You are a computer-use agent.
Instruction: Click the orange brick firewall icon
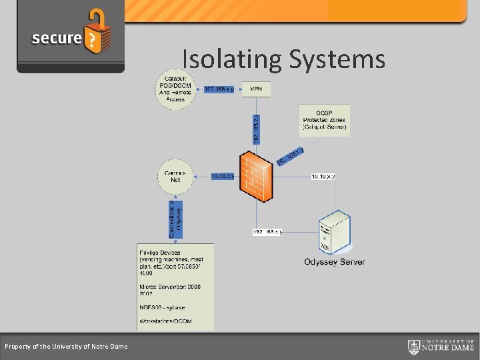tap(257, 176)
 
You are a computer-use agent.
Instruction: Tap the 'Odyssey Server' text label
tap(334, 262)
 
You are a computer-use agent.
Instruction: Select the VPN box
tap(256, 89)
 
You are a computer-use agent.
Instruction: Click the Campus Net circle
tap(175, 177)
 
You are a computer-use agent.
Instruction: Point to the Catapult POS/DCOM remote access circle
tap(175, 89)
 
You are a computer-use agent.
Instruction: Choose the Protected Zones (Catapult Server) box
tap(324, 120)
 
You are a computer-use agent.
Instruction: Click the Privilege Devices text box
tap(176, 287)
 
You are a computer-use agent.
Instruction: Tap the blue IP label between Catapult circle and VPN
tap(219, 89)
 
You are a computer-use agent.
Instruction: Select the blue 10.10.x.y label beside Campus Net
tap(222, 177)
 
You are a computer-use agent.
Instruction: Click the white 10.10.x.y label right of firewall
tap(323, 177)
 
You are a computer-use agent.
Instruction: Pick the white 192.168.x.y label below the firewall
tap(267, 231)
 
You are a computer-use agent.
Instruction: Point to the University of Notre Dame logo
tap(441, 347)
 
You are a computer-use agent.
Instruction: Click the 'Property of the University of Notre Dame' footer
tap(66, 347)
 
